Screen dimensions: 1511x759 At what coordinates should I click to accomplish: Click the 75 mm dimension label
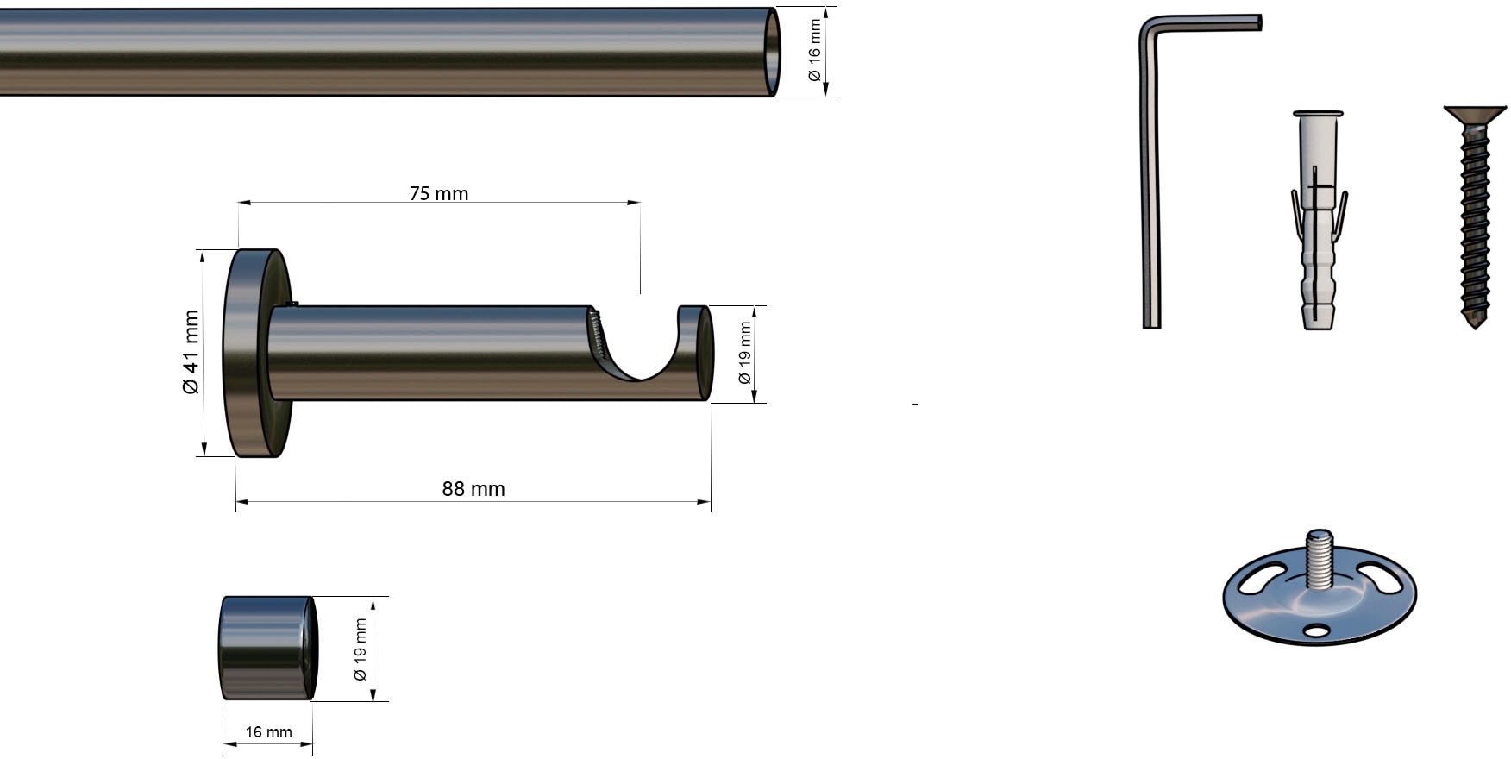tap(439, 193)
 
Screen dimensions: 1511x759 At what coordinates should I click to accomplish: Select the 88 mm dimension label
tap(473, 489)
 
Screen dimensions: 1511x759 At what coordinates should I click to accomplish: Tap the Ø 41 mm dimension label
tap(191, 352)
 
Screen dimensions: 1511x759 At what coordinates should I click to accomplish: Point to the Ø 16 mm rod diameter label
tap(814, 51)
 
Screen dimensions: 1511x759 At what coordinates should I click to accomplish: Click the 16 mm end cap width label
tap(268, 732)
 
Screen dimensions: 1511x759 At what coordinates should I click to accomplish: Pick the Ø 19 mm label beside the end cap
tap(361, 649)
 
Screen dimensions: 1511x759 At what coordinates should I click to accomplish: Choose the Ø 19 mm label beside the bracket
tap(745, 353)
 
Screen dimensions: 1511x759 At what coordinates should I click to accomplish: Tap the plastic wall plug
tap(1319, 220)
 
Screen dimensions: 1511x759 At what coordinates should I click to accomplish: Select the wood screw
tap(1476, 216)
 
